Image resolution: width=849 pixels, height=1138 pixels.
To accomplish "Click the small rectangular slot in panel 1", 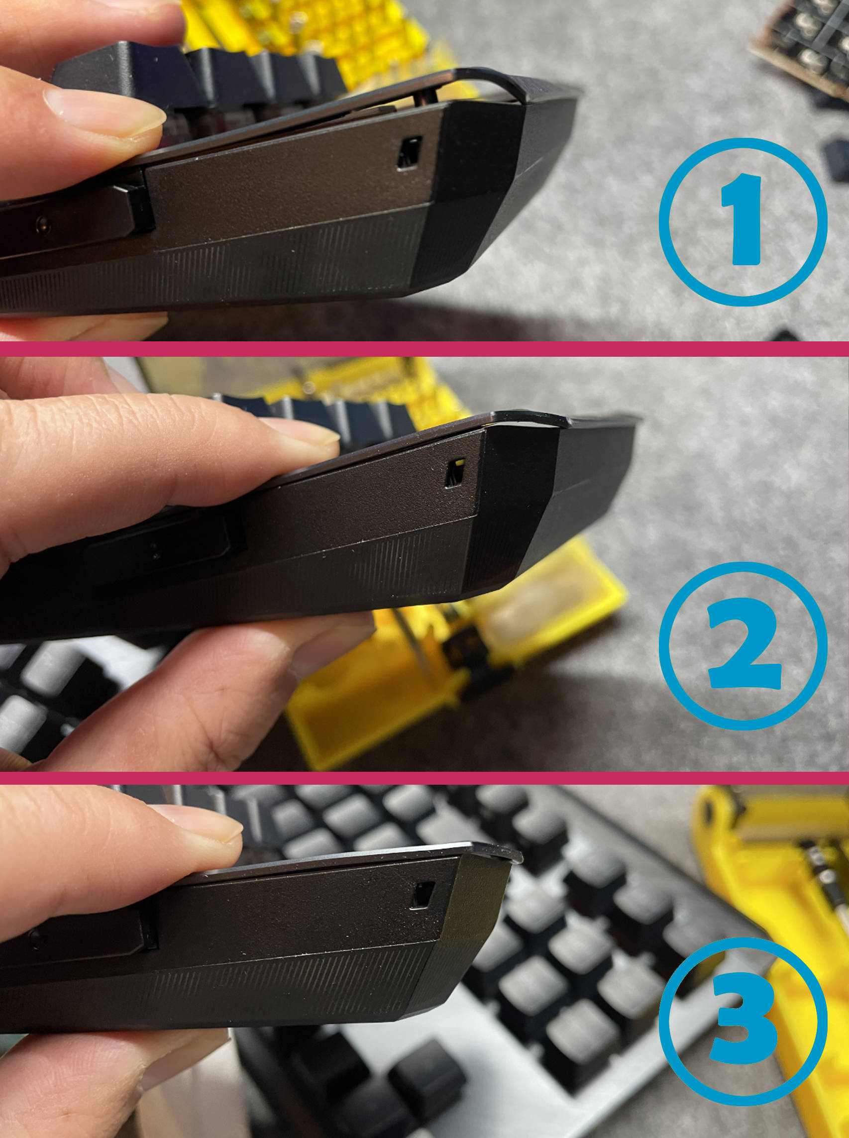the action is pyautogui.click(x=409, y=153).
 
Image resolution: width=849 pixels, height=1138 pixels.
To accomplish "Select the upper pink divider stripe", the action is pyautogui.click(x=424, y=349).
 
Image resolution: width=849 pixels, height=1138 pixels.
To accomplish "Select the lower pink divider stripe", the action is pyautogui.click(x=424, y=778).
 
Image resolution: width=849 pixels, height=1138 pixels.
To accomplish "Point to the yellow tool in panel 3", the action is pyautogui.click(x=771, y=925).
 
